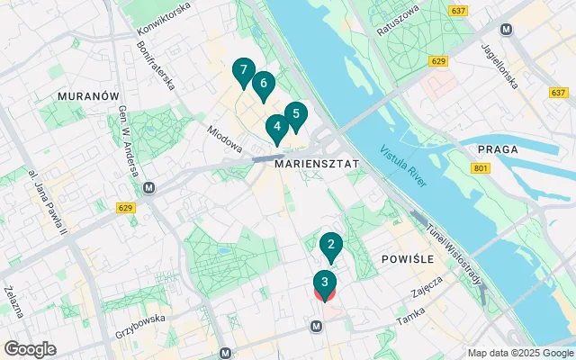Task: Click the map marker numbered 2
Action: coord(331,245)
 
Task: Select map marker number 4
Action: coord(277,128)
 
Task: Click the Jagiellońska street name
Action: coord(500,67)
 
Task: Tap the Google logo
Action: coord(30,349)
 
